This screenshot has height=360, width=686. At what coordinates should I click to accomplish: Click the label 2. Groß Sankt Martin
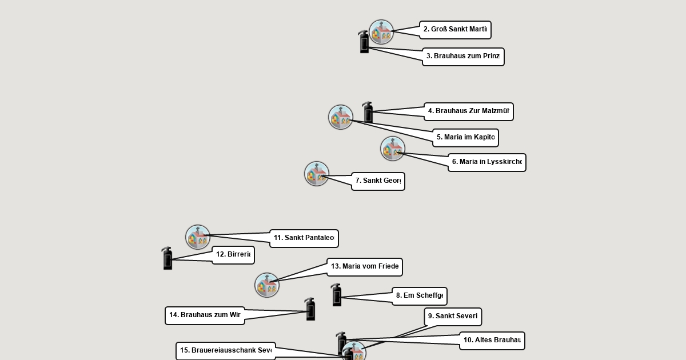coord(455,30)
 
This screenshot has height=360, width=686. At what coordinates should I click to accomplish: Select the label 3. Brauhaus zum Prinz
coord(463,57)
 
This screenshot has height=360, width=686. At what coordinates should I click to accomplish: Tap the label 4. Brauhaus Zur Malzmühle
coord(468,111)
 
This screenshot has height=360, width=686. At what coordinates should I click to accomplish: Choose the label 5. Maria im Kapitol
coord(465,138)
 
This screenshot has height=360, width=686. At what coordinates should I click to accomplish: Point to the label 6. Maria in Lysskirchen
coord(486,162)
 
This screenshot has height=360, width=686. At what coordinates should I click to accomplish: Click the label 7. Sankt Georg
coord(378,181)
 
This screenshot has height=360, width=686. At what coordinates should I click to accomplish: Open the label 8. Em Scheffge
coord(419,296)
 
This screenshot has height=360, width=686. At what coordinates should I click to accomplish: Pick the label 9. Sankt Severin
coord(453,317)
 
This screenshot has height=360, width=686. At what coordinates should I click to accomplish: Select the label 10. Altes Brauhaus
coord(492,341)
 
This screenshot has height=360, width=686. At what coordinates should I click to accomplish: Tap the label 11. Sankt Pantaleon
coord(304,238)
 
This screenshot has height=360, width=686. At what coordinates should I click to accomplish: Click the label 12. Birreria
coord(233,255)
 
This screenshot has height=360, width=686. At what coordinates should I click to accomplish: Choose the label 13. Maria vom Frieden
coord(365,267)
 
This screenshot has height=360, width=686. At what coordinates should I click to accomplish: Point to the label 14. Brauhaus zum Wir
coord(205,315)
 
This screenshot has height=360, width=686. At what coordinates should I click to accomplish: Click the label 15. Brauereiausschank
coord(225,351)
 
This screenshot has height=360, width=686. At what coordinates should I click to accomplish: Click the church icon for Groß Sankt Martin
coord(381,33)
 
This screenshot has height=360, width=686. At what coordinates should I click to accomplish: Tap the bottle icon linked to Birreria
coord(167,259)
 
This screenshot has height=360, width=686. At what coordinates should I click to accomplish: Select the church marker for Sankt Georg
coord(317,174)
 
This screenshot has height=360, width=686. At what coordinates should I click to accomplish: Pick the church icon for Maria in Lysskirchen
coord(393,149)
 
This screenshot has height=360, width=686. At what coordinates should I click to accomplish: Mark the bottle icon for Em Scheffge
coord(337,295)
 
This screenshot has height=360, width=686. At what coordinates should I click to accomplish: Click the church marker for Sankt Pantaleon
coord(198,237)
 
